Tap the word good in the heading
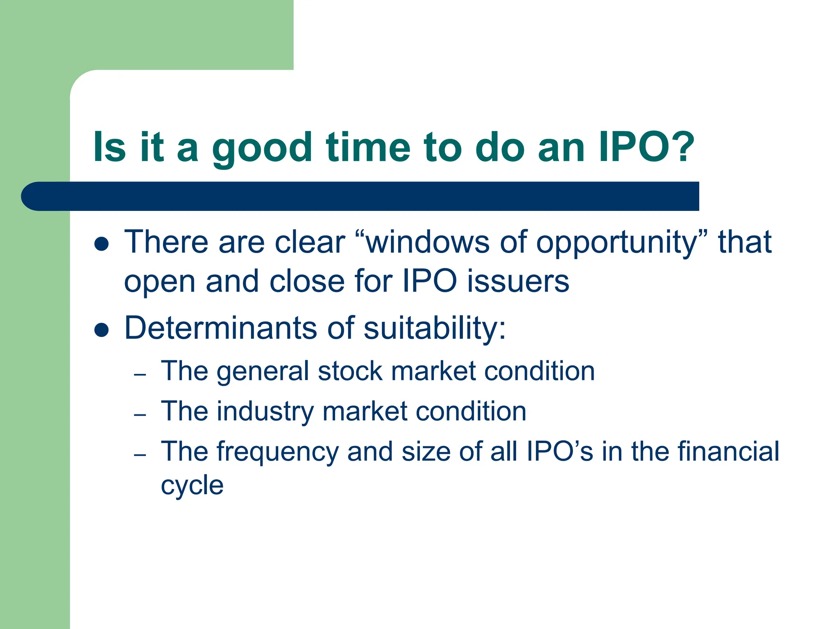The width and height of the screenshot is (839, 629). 262,148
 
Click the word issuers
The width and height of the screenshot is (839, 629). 518,282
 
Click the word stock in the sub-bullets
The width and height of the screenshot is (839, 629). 350,371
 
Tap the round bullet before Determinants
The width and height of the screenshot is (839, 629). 101,330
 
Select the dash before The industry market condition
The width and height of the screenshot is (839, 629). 140,415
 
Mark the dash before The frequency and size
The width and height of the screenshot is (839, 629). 140,455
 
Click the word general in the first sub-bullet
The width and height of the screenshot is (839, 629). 262,372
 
